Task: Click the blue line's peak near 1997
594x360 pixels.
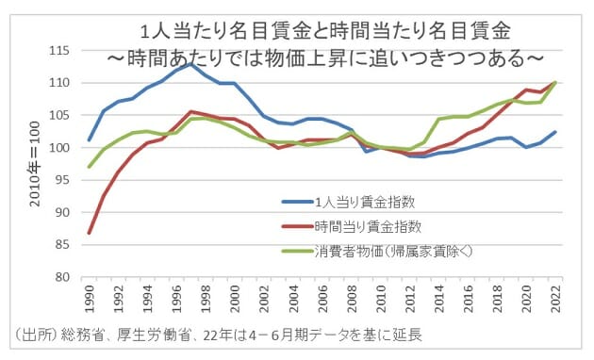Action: coord(192,63)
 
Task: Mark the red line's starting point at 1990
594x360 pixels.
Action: coord(89,233)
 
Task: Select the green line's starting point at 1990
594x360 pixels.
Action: coord(89,167)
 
